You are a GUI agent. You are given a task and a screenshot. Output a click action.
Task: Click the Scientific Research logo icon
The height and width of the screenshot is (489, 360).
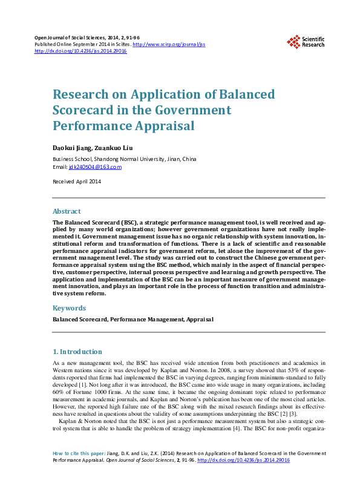coord(293,42)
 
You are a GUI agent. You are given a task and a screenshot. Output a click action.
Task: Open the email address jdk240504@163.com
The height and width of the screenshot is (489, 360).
coord(95,167)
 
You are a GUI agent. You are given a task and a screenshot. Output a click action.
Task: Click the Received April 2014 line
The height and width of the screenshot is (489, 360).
coord(77,182)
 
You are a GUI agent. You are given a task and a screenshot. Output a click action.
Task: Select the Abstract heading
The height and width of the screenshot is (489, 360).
coord(67,211)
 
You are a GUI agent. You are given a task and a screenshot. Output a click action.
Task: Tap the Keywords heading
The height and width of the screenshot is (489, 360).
coord(69,308)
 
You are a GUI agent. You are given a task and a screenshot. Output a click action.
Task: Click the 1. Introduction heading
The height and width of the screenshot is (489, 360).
coord(77,352)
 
